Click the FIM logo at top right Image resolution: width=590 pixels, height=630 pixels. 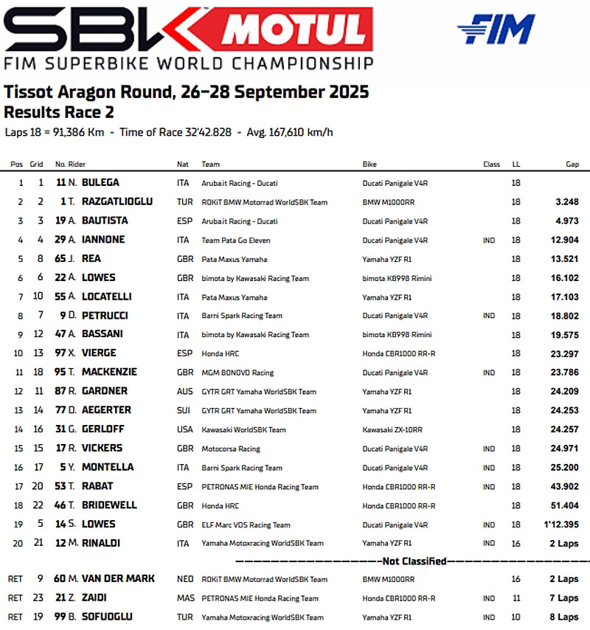click(496, 30)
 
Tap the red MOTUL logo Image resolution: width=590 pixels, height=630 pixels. click(296, 30)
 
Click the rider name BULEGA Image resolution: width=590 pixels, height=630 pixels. click(100, 182)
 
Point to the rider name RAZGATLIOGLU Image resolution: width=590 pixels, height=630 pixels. click(117, 201)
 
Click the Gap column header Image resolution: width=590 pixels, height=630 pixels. click(572, 164)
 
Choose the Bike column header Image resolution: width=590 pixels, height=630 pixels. click(369, 164)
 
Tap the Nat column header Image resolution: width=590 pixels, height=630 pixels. click(183, 164)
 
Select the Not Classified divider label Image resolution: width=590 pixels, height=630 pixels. click(414, 561)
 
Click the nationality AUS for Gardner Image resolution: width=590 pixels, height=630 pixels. click(184, 391)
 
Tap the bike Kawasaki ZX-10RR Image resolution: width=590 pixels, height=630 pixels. click(392, 429)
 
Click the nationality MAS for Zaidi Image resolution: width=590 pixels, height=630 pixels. click(185, 598)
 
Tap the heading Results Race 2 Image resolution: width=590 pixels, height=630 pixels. click(59, 112)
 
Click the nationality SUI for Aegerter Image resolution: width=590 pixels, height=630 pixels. click(184, 410)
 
